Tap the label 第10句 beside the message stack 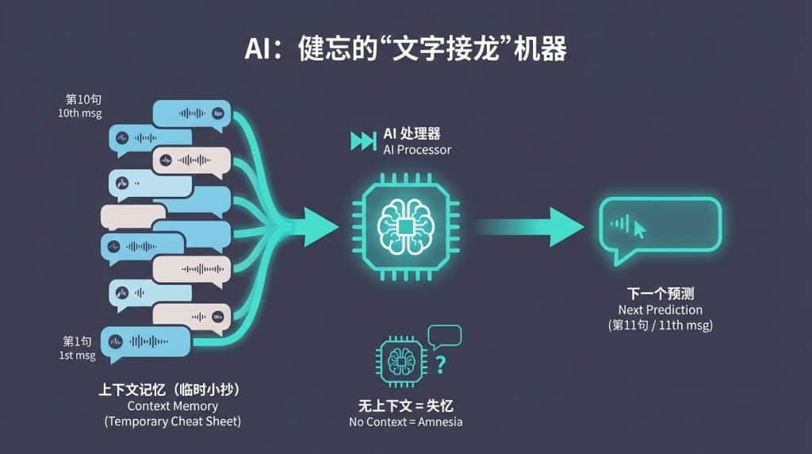click(83, 100)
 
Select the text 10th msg click(79, 113)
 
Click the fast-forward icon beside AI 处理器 click(363, 141)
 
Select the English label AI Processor click(417, 150)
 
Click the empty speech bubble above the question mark click(444, 337)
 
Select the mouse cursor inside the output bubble click(640, 229)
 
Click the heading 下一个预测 click(660, 294)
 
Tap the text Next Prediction click(660, 310)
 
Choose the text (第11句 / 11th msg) click(660, 325)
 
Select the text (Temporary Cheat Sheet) click(172, 421)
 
